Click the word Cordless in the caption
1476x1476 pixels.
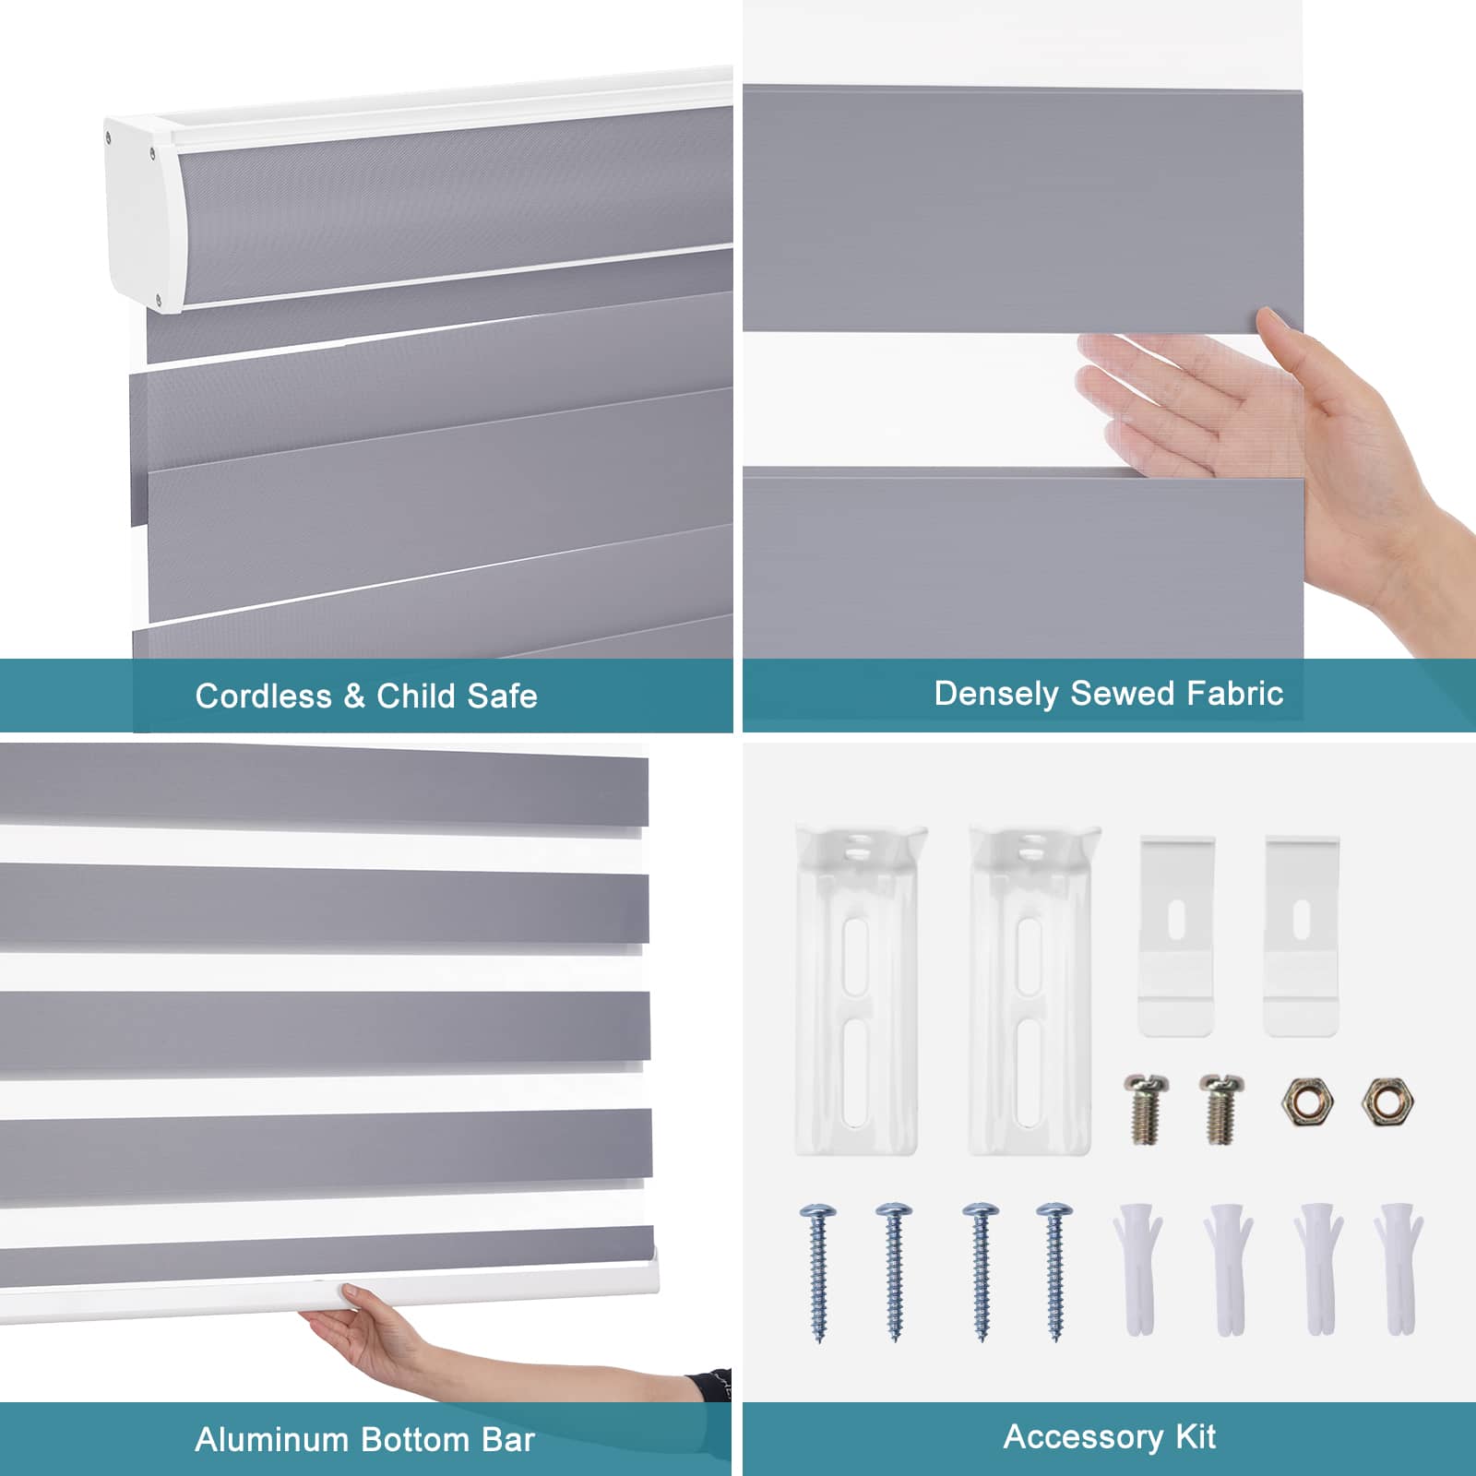262,696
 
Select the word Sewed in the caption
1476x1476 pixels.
1108,693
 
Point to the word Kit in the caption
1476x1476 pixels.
1196,1436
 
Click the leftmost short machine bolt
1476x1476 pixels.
1142,1107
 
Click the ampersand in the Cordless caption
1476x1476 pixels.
353,696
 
